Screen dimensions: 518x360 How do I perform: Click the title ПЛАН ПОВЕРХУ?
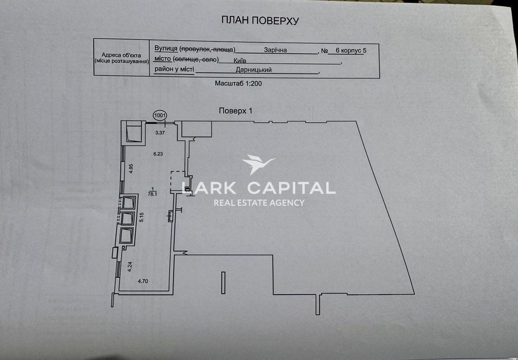tap(260, 21)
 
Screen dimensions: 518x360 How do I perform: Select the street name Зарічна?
tap(275, 50)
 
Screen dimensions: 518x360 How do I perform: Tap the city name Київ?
tap(239, 61)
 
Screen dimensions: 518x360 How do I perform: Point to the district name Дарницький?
tap(254, 70)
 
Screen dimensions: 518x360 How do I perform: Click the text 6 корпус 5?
tap(351, 51)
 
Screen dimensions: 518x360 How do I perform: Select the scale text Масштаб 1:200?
tap(238, 83)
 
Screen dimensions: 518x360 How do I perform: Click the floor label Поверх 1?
tap(236, 111)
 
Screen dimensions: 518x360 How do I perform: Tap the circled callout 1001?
tap(160, 116)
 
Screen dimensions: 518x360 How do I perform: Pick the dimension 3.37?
tap(160, 133)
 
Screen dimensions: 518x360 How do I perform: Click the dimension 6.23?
tap(158, 154)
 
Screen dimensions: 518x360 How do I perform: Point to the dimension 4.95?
tap(131, 168)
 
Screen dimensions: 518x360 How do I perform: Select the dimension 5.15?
tap(141, 217)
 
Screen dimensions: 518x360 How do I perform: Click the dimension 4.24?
tap(130, 267)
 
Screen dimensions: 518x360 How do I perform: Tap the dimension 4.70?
tap(143, 281)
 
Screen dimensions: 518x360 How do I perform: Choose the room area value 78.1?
tap(152, 194)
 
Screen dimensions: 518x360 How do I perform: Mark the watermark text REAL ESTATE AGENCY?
tap(259, 203)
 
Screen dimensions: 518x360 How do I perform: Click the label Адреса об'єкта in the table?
tap(121, 55)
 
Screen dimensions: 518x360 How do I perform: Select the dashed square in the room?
tap(178, 182)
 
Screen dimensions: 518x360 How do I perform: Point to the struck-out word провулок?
tap(194, 49)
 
